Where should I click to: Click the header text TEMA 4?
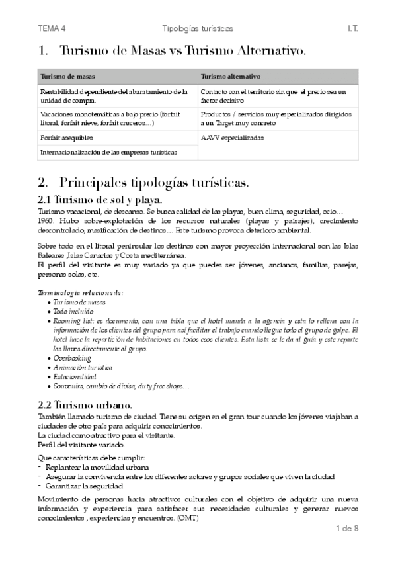(52, 29)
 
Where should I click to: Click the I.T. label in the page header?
(352, 29)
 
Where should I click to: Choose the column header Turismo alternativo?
(231, 75)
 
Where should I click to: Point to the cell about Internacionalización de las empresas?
(108, 152)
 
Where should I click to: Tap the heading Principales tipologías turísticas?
(153, 181)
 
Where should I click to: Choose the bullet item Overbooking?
(72, 357)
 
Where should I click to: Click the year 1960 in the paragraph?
(46, 220)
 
